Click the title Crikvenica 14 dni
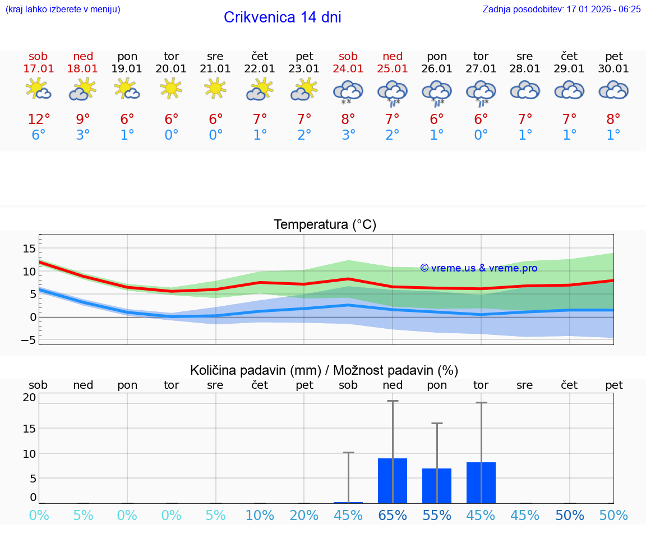282,17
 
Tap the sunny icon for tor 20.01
171,89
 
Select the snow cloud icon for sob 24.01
348,91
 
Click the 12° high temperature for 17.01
39,119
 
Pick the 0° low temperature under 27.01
481,135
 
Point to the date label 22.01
260,69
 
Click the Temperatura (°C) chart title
325,225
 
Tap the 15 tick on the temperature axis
29,249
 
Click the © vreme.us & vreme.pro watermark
479,268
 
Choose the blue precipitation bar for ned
393,481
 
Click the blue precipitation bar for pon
437,486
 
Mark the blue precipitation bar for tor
481,482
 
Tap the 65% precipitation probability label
393,516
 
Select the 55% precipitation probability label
437,516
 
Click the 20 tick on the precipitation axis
29,397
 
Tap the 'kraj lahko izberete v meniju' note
63,10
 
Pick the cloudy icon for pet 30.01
613,90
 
